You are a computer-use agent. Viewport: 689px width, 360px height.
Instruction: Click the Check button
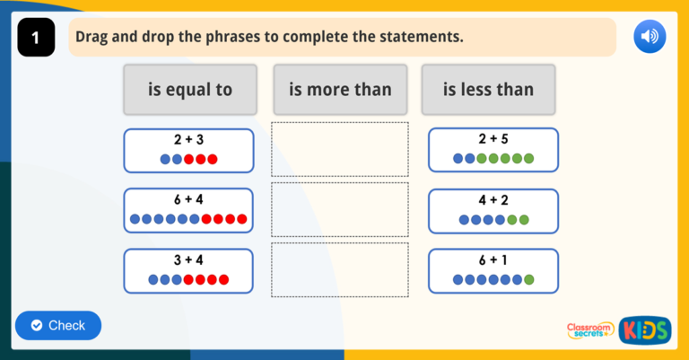coord(57,325)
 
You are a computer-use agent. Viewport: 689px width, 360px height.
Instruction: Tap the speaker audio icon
coord(650,37)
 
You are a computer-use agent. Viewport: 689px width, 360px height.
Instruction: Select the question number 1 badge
coord(36,38)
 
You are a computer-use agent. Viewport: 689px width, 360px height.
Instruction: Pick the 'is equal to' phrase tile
coord(190,90)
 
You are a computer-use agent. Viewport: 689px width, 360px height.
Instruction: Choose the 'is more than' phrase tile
coord(340,90)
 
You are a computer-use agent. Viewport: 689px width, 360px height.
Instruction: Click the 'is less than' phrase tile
coord(488,90)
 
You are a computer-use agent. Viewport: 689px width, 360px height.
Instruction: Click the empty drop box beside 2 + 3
coord(340,149)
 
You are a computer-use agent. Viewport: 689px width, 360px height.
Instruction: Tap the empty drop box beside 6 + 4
coord(340,209)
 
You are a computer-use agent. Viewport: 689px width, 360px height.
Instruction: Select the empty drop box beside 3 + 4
coord(340,269)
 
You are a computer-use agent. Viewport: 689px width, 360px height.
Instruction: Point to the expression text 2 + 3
coord(188,140)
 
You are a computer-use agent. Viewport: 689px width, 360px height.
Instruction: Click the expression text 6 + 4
coord(188,199)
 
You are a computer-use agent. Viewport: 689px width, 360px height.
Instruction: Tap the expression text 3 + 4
coord(188,259)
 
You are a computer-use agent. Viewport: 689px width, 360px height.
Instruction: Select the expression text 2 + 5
coord(493,139)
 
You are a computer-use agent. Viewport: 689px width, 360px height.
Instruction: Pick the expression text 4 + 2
coord(493,199)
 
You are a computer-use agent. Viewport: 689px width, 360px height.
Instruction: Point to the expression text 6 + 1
coord(493,259)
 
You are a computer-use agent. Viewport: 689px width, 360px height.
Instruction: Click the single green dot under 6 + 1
coord(529,279)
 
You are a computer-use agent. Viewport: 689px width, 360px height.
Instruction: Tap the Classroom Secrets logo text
coord(590,330)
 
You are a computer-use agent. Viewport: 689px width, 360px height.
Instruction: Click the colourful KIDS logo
coord(644,330)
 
